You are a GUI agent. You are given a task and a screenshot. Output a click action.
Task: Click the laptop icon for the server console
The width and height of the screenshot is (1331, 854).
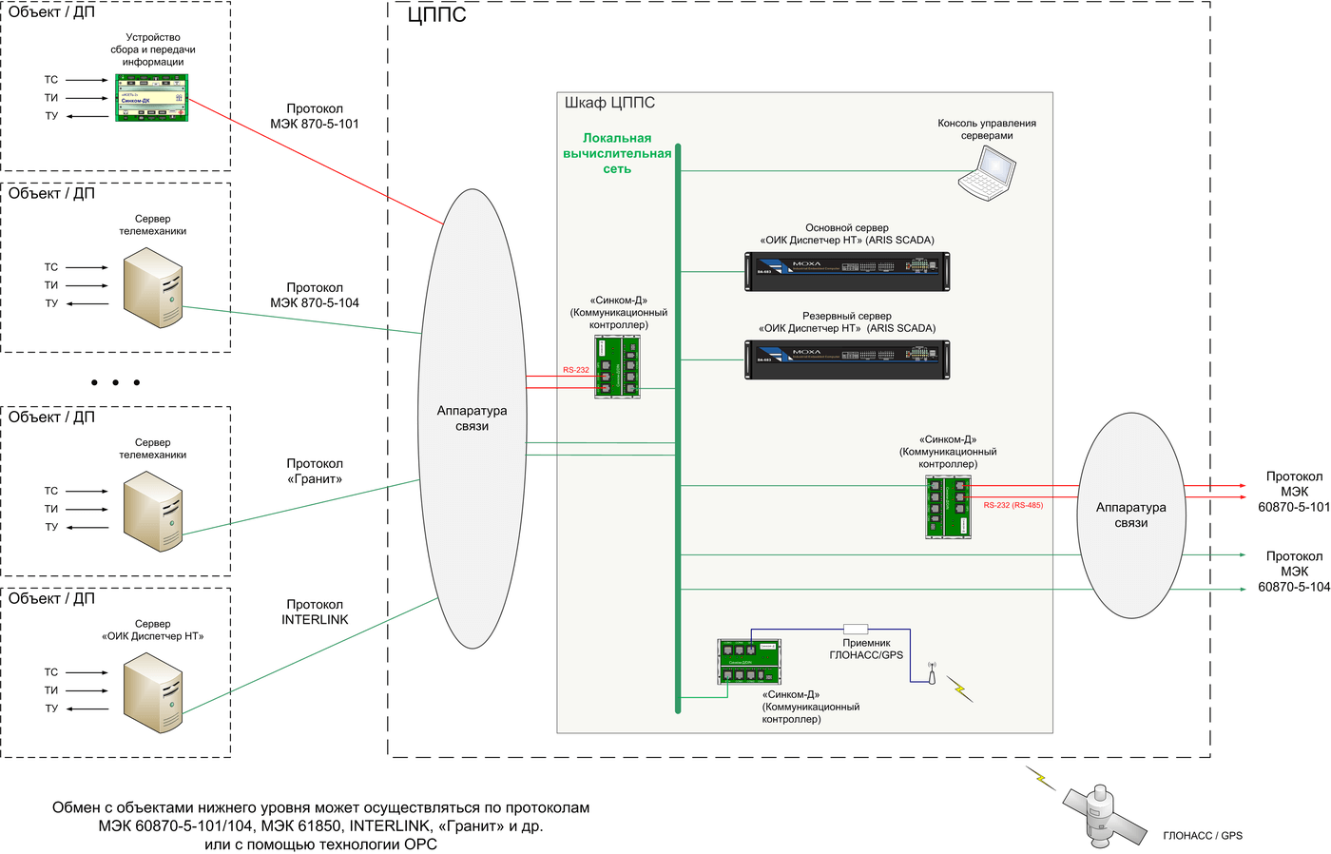(987, 173)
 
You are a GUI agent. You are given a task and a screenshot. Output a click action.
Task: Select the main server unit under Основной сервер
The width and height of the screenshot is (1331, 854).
(846, 271)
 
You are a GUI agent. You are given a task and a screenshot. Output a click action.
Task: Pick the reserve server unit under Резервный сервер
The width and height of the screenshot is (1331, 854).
(846, 359)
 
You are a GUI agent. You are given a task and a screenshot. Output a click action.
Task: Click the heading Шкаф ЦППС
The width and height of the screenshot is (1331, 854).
(609, 103)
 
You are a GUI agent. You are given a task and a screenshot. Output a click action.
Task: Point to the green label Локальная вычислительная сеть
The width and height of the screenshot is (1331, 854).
(617, 153)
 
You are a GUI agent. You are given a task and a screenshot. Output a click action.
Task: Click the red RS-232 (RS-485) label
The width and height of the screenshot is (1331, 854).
(1013, 505)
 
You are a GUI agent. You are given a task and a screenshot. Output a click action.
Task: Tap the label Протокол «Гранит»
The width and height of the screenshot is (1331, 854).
(315, 472)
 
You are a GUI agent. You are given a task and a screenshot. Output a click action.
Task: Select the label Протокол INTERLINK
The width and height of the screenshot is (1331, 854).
(315, 611)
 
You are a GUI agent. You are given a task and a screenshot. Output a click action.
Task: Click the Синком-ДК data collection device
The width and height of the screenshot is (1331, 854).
(152, 98)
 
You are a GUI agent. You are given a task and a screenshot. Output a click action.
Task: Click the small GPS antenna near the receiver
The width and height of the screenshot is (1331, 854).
(932, 673)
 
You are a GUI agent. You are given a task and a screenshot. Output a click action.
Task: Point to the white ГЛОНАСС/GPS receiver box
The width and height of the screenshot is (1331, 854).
(856, 629)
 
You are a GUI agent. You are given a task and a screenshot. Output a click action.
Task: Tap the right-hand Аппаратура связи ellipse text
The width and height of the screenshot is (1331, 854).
(1130, 514)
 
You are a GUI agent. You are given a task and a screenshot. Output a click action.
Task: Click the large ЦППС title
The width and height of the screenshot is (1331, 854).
(436, 15)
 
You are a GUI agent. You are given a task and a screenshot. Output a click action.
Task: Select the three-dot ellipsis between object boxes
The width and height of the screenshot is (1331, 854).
(115, 382)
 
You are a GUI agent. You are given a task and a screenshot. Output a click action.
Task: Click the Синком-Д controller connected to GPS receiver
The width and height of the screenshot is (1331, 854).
(749, 661)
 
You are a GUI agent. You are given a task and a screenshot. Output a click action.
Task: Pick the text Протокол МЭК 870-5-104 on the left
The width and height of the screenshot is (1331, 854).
(315, 295)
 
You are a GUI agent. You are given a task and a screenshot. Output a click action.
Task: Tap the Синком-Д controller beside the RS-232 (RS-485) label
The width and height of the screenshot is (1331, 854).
(948, 507)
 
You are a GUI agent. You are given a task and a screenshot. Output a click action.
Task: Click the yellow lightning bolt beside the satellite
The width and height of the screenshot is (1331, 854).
(1041, 778)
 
